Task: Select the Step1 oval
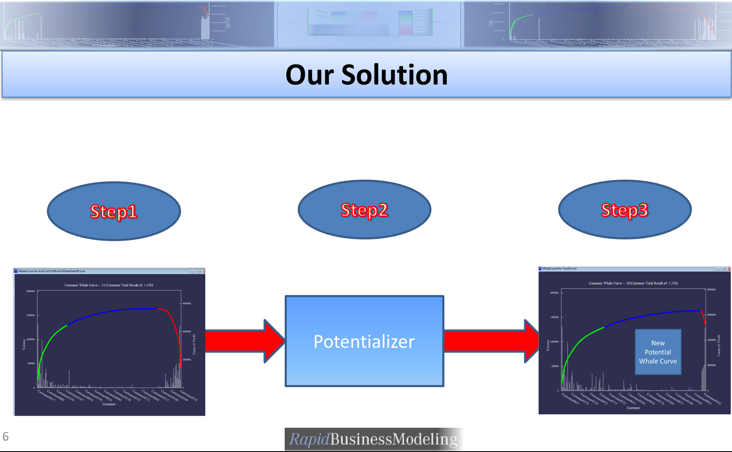(114, 211)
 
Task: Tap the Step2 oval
(364, 210)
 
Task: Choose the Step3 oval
(625, 210)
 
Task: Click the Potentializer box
(364, 341)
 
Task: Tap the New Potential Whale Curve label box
(658, 352)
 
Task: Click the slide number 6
(5, 437)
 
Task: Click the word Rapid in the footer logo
(309, 439)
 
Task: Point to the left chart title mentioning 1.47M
(109, 285)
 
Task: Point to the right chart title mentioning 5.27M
(633, 283)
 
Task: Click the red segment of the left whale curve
(176, 327)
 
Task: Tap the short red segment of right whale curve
(703, 316)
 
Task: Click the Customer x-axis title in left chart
(109, 404)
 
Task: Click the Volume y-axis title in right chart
(548, 345)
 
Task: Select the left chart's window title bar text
(52, 271)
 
